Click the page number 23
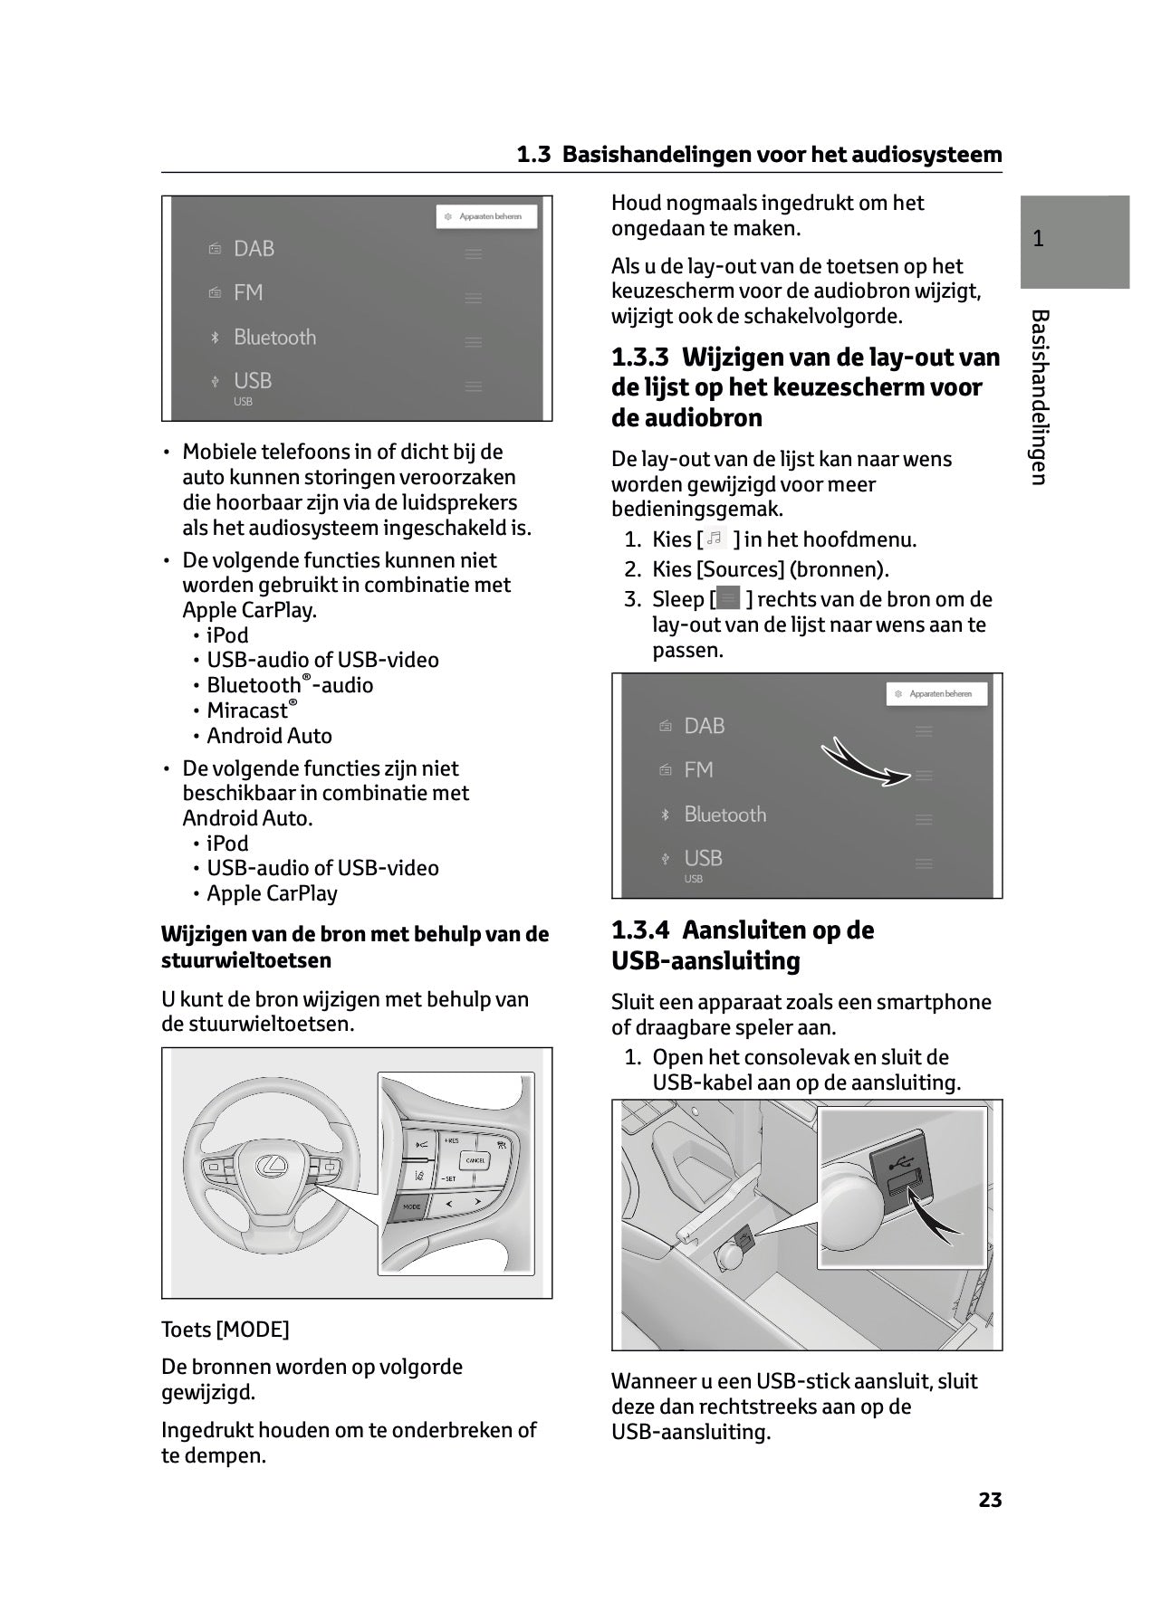click(x=990, y=1500)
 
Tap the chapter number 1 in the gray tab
click(x=1038, y=239)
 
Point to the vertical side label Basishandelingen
click(x=1040, y=397)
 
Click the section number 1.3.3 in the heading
click(x=641, y=358)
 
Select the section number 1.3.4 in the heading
click(x=641, y=930)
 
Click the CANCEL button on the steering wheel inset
click(x=475, y=1159)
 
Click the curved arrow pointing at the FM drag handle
click(x=865, y=762)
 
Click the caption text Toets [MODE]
click(x=225, y=1330)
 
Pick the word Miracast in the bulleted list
click(x=247, y=711)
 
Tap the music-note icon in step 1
click(x=715, y=539)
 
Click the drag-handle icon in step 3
click(x=727, y=599)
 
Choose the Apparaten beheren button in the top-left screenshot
click(x=486, y=217)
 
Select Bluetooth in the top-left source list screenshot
click(x=274, y=338)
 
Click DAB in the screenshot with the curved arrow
click(x=704, y=726)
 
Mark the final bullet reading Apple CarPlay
click(x=272, y=893)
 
